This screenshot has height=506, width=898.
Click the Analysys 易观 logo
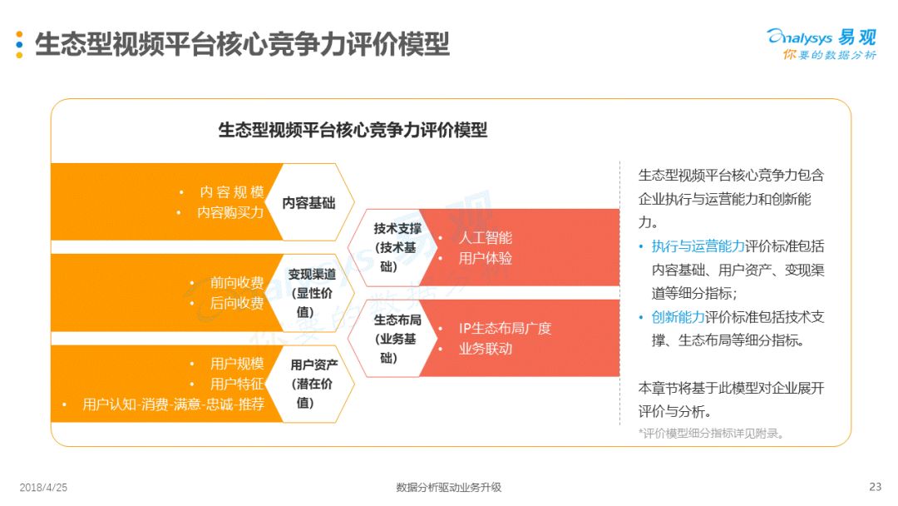(x=822, y=44)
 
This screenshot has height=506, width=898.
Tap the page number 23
(x=875, y=487)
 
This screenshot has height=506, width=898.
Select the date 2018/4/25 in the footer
(x=43, y=487)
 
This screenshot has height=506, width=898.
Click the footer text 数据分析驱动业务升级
(x=448, y=487)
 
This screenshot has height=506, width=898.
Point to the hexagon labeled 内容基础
(x=310, y=202)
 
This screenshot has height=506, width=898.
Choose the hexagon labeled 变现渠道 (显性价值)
(x=310, y=293)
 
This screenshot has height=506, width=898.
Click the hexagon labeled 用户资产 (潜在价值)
(x=310, y=384)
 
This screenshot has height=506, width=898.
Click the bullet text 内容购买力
(x=230, y=212)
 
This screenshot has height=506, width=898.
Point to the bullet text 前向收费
(x=236, y=282)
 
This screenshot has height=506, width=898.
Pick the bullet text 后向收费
(x=236, y=303)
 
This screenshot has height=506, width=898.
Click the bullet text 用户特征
(x=236, y=384)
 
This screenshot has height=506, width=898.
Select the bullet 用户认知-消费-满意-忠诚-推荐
(x=173, y=404)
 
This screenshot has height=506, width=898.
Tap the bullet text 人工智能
(x=485, y=237)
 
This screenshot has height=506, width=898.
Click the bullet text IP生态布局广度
(x=505, y=328)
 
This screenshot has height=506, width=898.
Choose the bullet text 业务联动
(x=485, y=349)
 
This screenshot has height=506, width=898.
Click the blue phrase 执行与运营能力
(x=698, y=246)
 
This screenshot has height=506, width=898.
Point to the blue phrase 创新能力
(x=678, y=317)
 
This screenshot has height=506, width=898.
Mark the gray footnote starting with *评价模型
(x=711, y=434)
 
